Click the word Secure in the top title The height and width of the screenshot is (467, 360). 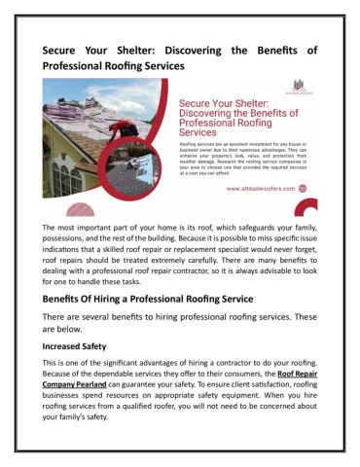(x=67, y=49)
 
